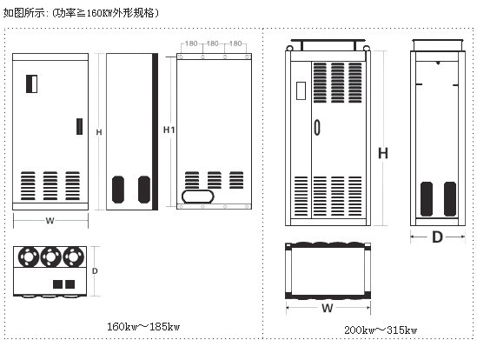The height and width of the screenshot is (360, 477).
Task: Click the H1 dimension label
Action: coord(169,130)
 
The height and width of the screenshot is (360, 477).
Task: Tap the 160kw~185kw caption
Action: coord(143,327)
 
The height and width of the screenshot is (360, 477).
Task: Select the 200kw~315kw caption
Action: coord(381,330)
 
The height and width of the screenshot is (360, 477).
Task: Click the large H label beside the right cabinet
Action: coord(383,153)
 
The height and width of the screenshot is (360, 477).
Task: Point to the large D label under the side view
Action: coord(437,237)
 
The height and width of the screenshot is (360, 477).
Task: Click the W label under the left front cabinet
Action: coord(50,221)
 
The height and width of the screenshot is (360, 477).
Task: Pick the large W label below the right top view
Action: coord(328,308)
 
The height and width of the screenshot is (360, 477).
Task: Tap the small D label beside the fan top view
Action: coord(95,270)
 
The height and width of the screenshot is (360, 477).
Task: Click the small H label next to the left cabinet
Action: coord(99,132)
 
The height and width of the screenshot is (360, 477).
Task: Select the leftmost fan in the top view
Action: coord(29,257)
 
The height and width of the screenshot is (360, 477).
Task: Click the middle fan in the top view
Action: coord(50,257)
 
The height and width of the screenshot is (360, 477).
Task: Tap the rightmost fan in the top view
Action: coord(73,257)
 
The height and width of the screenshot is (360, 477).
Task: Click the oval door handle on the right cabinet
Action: coord(317,127)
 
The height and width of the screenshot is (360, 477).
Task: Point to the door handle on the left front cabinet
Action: coord(79,126)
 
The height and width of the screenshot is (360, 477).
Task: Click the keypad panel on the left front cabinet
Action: coord(31,83)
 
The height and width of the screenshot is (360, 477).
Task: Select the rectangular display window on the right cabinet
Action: coord(301,90)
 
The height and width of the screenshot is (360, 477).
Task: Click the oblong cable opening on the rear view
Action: coord(198,197)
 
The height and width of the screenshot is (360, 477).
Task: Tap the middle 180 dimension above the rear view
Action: coord(213,43)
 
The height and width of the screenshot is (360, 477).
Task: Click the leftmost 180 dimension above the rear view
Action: coord(191,43)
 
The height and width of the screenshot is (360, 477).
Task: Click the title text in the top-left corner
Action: coord(81,13)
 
